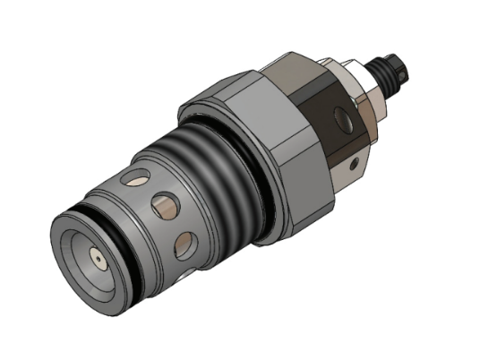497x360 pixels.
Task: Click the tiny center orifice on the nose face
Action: pyautogui.click(x=95, y=258)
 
